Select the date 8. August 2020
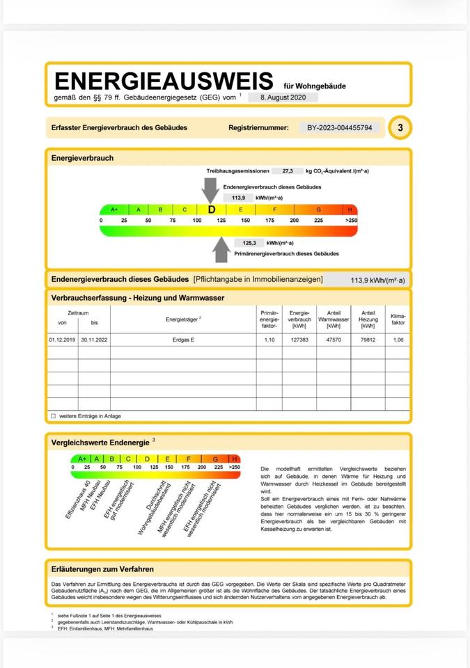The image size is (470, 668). (283, 98)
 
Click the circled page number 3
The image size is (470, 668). (400, 128)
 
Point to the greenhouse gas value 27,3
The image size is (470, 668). (288, 170)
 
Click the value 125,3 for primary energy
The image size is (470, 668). (249, 243)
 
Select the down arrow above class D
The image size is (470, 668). (210, 189)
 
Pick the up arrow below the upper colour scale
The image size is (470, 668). (222, 249)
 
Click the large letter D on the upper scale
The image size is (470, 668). (212, 209)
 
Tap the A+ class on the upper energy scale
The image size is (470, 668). (114, 209)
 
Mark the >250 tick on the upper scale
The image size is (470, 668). (351, 221)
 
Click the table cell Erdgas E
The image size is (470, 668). (183, 340)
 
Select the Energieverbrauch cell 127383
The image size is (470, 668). (299, 340)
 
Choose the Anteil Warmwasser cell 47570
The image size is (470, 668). (334, 340)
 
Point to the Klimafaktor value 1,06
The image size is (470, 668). (398, 340)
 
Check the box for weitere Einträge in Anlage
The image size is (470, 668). (53, 416)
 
